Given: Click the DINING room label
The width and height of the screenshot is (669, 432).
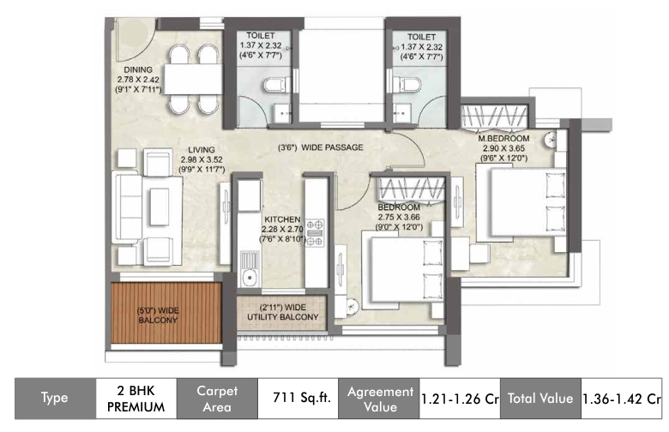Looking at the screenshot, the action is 138,69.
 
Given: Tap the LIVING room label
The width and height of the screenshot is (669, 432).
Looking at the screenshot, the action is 202,150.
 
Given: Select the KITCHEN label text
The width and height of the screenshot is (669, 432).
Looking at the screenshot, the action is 282,219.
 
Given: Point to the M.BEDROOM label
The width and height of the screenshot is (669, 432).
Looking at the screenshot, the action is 503,139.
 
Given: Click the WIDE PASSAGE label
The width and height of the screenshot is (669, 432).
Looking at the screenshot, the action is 333,147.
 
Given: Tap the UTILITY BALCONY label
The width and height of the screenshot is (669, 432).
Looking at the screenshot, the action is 283,317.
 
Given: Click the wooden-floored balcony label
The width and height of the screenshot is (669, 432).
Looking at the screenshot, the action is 158,315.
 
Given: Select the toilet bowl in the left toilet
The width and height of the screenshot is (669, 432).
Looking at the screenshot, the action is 276,85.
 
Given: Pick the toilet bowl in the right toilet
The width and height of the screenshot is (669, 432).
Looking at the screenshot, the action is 406,84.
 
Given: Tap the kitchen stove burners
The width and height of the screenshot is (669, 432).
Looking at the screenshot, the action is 315,233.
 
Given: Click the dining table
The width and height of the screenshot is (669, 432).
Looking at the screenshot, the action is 193,79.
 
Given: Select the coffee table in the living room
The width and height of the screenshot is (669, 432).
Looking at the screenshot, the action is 160,207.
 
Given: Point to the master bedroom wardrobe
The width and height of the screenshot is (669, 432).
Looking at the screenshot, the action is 495,116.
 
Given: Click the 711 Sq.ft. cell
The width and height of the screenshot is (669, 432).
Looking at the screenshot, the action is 302,398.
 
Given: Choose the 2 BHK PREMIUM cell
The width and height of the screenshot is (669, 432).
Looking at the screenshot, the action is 136,399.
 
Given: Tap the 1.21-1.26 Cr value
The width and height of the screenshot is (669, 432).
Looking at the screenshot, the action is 460,399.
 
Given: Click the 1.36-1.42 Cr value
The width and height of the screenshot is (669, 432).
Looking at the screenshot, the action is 622,399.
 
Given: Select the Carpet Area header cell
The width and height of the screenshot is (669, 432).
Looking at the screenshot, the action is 217,399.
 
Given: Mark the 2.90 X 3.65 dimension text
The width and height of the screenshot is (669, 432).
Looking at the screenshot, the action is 503,148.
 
